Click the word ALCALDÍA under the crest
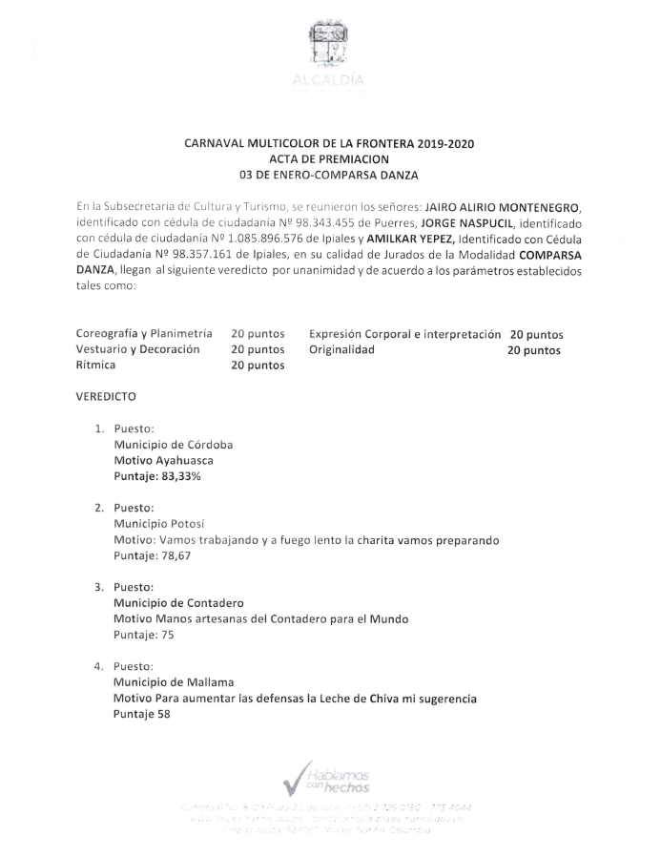(330, 81)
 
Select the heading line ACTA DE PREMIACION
(329, 158)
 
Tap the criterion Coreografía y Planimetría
(143, 335)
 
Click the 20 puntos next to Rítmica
(258, 366)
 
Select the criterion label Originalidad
(341, 350)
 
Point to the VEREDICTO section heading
(106, 395)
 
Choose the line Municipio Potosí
(159, 525)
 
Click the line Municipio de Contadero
(178, 603)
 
